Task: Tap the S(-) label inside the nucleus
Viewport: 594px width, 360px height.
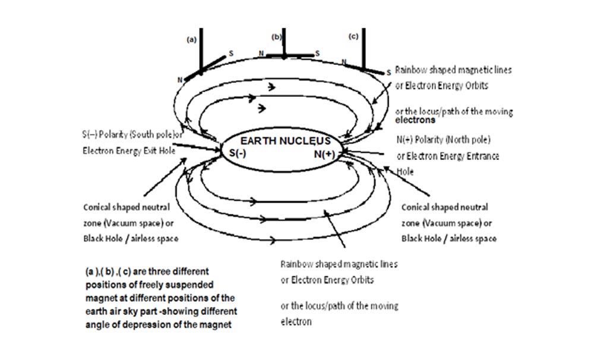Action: (x=239, y=153)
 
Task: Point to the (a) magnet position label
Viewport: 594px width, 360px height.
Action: (x=191, y=40)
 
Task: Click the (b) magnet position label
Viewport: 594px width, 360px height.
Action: (x=277, y=37)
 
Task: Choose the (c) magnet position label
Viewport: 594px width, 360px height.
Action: (x=353, y=37)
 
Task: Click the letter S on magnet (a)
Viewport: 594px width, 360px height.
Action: (x=231, y=53)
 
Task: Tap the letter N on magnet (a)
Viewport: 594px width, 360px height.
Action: (x=179, y=79)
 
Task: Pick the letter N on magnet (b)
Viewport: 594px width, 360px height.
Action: (x=261, y=53)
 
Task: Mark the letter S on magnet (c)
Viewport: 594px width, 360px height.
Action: (x=388, y=72)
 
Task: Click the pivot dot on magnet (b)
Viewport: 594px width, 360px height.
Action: (x=285, y=57)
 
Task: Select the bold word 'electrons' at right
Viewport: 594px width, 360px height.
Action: (x=416, y=120)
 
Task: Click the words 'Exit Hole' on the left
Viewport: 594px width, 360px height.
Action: (x=159, y=151)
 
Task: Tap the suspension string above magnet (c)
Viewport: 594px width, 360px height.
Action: (x=363, y=45)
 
